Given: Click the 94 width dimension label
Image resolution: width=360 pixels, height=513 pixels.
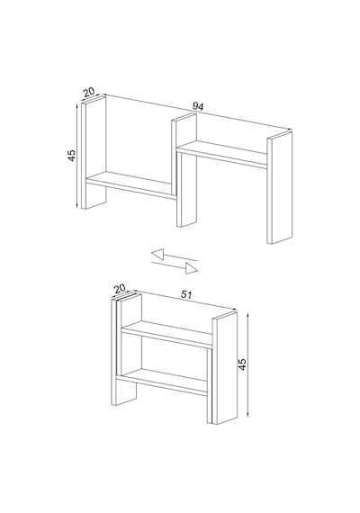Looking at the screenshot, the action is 198,107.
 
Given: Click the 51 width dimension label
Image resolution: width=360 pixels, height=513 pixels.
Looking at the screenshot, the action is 186,294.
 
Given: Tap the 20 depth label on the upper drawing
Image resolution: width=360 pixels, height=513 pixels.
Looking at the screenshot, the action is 89,92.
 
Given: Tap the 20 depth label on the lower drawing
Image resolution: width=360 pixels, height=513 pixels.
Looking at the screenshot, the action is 120,289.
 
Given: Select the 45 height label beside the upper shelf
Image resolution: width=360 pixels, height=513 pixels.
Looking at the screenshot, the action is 72,156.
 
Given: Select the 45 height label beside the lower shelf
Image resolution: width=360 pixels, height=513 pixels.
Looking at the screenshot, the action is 242,364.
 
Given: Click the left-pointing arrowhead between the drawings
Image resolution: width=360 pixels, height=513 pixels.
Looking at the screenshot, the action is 157,254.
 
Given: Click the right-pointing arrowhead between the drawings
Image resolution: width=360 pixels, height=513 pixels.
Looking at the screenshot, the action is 192,268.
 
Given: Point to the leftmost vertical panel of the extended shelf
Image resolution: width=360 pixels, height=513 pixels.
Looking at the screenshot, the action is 94,152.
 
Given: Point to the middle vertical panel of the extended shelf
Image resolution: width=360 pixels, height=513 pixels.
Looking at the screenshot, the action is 184,170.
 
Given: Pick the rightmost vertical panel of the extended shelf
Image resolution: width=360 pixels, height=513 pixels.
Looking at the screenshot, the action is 280,188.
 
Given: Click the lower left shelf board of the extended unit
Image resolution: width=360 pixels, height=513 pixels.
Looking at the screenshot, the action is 130,185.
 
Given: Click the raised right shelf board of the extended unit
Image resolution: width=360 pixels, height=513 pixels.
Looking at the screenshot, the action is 222,155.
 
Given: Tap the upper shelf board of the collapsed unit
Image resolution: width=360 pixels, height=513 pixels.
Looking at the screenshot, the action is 166,334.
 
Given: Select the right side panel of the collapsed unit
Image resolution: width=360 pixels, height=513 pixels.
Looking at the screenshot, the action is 224,368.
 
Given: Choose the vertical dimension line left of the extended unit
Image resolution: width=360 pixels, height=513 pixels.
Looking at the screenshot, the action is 76,156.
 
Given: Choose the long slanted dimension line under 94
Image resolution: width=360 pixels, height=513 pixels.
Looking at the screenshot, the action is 197,112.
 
